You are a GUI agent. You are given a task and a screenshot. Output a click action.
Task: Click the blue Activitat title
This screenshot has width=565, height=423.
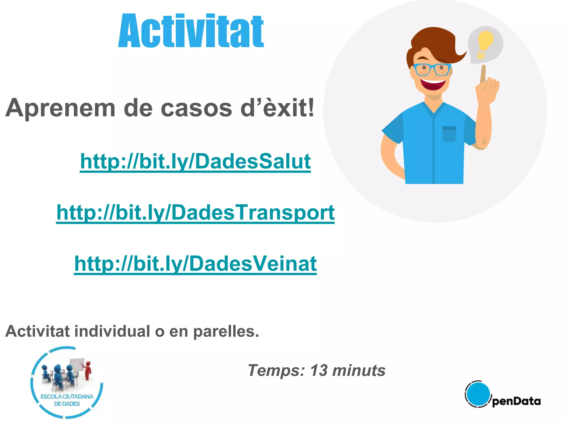pyautogui.click(x=191, y=31)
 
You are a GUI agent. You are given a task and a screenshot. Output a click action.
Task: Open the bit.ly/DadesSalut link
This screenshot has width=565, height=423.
pyautogui.click(x=195, y=161)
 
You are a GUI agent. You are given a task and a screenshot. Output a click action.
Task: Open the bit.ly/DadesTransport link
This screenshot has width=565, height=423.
pyautogui.click(x=195, y=213)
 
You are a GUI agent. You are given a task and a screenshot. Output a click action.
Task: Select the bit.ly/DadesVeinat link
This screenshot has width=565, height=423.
pyautogui.click(x=195, y=264)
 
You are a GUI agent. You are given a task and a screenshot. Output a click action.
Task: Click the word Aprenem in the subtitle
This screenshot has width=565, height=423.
pyautogui.click(x=60, y=108)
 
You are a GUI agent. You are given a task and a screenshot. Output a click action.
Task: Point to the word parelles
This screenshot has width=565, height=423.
pyautogui.click(x=226, y=331)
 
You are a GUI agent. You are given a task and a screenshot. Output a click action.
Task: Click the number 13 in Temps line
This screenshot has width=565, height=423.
pyautogui.click(x=319, y=370)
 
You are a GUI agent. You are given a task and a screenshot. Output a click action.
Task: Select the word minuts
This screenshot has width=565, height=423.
pyautogui.click(x=359, y=370)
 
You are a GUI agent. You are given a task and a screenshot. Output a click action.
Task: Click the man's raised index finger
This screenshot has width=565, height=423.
pyautogui.click(x=483, y=73)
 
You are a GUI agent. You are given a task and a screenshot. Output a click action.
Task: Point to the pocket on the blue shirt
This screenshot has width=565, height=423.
pyautogui.click(x=449, y=134)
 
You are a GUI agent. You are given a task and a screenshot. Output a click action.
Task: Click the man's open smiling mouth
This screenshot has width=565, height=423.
pyautogui.click(x=433, y=84)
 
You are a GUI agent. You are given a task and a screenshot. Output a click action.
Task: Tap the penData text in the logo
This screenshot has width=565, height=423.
pyautogui.click(x=516, y=401)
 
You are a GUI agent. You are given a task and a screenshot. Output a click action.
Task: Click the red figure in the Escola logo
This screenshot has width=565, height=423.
pyautogui.click(x=88, y=370)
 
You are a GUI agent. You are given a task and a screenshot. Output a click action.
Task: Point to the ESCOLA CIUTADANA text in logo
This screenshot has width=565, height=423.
pyautogui.click(x=67, y=397)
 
